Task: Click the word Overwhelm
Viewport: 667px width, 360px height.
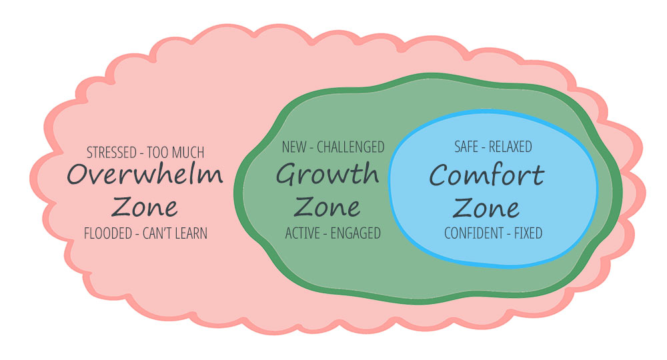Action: (145, 175)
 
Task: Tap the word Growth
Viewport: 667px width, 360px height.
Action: (327, 175)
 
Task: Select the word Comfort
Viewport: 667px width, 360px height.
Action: (486, 176)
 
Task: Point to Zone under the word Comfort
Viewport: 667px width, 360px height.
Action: (486, 207)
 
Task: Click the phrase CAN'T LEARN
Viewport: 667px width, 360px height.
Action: (175, 233)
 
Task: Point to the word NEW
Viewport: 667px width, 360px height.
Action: (295, 147)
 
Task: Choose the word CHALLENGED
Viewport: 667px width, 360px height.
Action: (351, 147)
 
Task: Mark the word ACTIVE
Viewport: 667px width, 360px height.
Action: (304, 233)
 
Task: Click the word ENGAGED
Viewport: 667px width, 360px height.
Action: (356, 233)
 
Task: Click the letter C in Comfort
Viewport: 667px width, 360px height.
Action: (440, 176)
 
